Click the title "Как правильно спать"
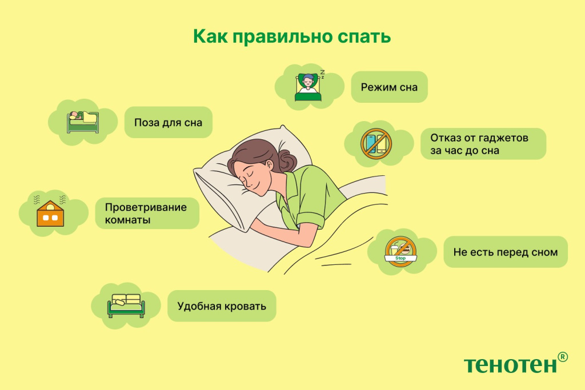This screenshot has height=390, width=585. pyautogui.click(x=292, y=36)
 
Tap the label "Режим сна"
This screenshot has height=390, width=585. pyautogui.click(x=389, y=87)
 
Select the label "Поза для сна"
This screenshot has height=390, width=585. pyautogui.click(x=168, y=122)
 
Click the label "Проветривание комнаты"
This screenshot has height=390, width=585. pyautogui.click(x=146, y=213)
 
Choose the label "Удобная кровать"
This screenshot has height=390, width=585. pyautogui.click(x=222, y=306)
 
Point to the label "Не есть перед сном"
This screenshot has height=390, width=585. pyautogui.click(x=505, y=252)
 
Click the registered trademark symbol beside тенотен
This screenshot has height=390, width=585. pyautogui.click(x=562, y=356)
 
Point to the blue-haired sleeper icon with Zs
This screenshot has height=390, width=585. pyautogui.click(x=309, y=86)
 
